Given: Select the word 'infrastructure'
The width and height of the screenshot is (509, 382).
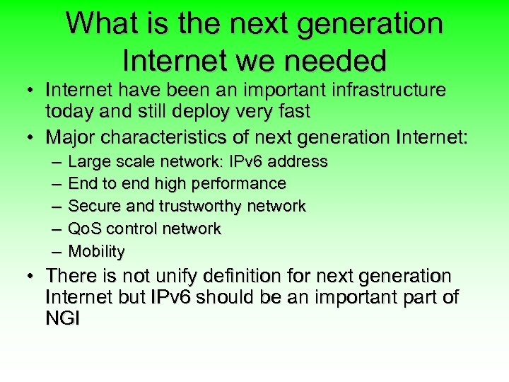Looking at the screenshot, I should [378, 91].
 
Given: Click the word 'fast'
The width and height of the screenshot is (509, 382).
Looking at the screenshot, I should [291, 111].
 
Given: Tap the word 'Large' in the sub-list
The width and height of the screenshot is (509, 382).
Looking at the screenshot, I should [84, 162].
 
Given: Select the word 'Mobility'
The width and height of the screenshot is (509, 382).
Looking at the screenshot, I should [96, 252].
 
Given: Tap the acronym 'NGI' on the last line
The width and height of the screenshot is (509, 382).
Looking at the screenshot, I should [63, 318].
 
